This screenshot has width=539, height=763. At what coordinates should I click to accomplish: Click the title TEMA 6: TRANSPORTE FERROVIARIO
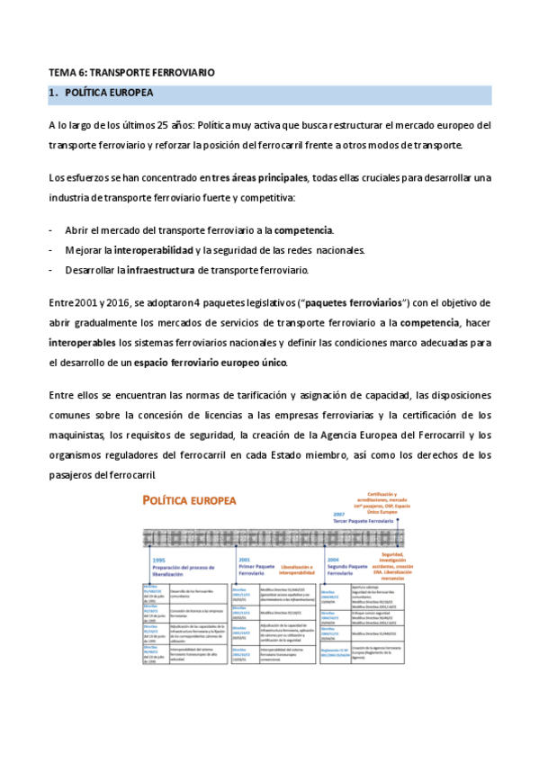(x=131, y=71)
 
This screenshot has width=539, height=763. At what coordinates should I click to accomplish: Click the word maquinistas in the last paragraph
(x=77, y=435)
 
